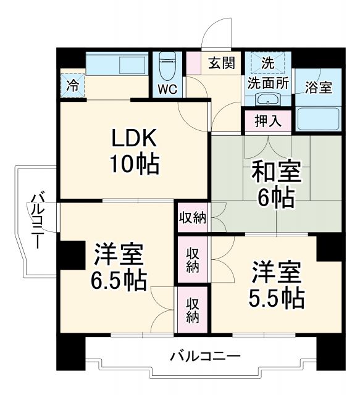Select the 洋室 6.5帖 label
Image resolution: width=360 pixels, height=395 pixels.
[119, 267]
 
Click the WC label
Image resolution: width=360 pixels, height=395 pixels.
[167, 88]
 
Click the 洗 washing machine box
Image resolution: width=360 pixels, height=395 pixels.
[267, 62]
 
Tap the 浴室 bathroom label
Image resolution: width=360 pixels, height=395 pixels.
[318, 87]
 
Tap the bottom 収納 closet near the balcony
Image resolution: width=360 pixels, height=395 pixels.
[193, 309]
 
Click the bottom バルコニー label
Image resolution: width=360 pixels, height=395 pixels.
[205, 356]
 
